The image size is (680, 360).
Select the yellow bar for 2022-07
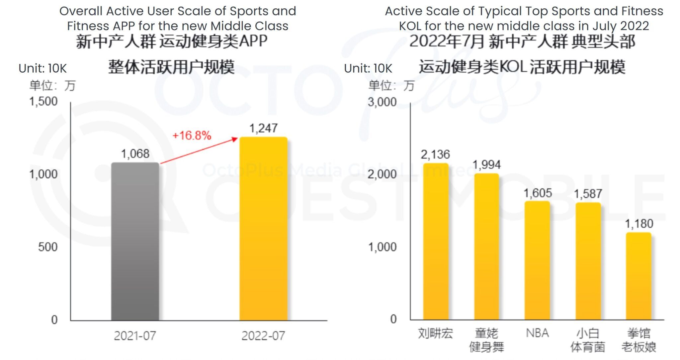(263, 229)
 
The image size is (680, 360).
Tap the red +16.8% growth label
(192, 135)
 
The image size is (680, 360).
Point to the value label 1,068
(135, 154)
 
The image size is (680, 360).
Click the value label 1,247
(263, 128)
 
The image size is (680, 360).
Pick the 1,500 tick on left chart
(43, 101)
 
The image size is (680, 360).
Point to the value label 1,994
(486, 165)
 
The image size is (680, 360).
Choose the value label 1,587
(588, 194)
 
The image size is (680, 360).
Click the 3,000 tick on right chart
(382, 102)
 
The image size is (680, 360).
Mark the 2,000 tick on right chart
(382, 174)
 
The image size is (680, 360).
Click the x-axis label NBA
(537, 333)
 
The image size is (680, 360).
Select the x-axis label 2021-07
(135, 336)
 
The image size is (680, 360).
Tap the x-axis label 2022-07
(263, 336)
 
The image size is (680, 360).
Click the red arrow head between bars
(235, 139)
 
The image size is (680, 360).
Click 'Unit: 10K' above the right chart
(368, 68)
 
